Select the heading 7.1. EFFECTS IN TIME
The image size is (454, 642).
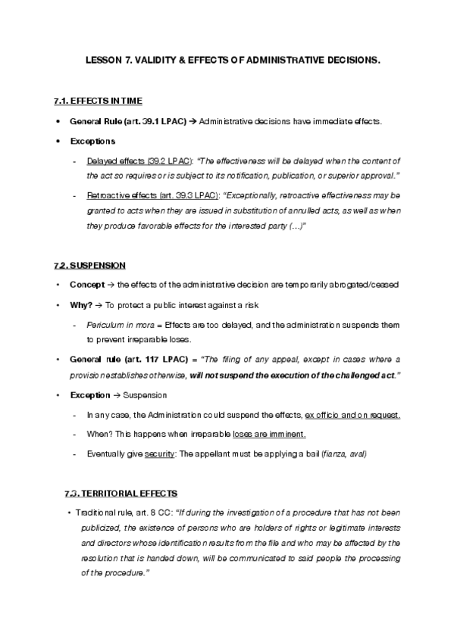click(99, 101)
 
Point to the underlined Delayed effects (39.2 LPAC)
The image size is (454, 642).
click(139, 160)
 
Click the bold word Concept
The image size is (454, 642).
click(86, 285)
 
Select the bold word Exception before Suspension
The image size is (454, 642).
click(89, 395)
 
